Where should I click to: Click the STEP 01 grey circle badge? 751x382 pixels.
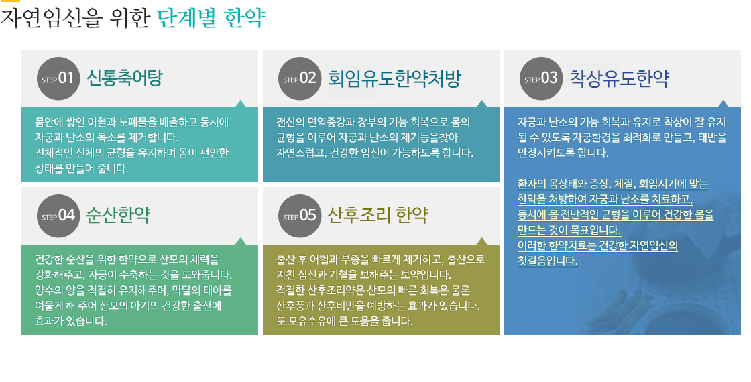click(58, 78)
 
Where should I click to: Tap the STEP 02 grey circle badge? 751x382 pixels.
click(299, 78)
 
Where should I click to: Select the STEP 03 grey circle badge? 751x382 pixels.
click(540, 78)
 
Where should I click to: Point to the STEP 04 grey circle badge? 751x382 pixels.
click(58, 215)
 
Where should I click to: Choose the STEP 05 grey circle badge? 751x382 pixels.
click(299, 215)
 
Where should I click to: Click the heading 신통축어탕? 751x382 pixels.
click(125, 78)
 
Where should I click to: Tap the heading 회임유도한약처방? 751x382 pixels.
click(394, 78)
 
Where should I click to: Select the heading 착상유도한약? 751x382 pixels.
click(619, 78)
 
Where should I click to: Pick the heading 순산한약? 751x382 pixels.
click(118, 215)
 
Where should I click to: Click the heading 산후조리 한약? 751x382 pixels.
click(378, 215)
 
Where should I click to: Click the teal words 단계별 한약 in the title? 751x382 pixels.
click(211, 19)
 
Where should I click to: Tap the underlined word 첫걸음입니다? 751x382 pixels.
click(547, 261)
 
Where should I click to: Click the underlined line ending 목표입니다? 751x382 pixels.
click(569, 231)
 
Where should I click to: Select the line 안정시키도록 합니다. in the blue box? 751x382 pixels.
click(563, 153)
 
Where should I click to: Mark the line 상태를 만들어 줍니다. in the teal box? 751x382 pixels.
click(81, 168)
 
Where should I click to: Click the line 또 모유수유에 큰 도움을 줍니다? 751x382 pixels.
click(345, 321)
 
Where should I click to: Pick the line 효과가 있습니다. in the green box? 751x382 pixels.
click(71, 321)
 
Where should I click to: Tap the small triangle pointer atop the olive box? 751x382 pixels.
click(482, 241)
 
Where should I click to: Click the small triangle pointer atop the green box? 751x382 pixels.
click(241, 241)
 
